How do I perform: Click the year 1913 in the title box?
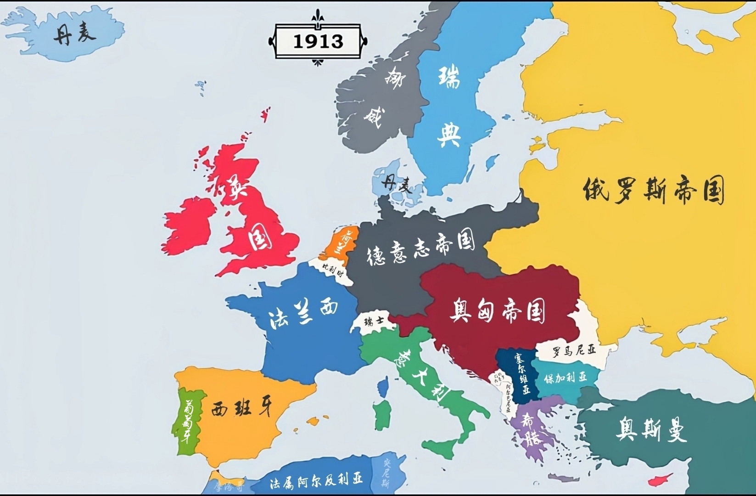[318, 41]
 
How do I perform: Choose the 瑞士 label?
[374, 321]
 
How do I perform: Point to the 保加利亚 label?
[566, 378]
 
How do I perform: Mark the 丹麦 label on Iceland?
[74, 34]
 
